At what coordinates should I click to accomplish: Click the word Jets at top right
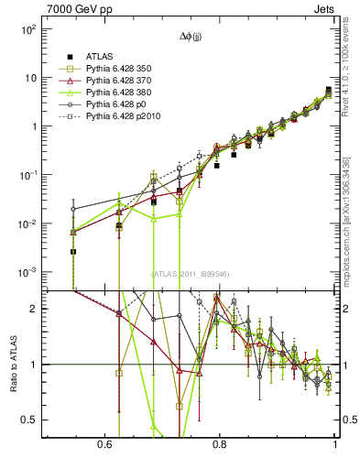(323, 8)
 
